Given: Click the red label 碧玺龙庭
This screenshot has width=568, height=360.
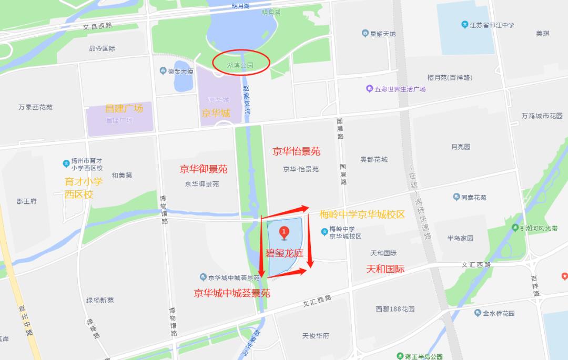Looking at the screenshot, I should click(x=284, y=253).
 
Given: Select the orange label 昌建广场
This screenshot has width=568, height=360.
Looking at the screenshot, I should click(x=124, y=108).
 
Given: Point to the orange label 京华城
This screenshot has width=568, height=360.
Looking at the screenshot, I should click(x=216, y=113).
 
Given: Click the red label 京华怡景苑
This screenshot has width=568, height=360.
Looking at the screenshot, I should click(x=296, y=151).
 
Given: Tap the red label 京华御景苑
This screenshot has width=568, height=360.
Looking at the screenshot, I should click(x=204, y=169).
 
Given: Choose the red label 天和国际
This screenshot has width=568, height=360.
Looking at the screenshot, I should click(x=385, y=269).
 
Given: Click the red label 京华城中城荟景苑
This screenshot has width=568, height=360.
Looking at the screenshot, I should click(x=232, y=293).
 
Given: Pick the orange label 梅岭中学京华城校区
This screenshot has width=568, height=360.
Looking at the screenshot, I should click(x=362, y=214).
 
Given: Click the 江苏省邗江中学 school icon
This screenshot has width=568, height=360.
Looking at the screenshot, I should click(x=465, y=24).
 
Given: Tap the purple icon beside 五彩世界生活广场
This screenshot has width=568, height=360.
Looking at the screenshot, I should click(x=370, y=89).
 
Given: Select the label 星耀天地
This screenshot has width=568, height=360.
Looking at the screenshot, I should click(x=382, y=34).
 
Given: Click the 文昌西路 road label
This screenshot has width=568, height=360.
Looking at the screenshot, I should click(x=97, y=25).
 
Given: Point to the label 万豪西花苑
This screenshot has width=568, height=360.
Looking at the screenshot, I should click(x=35, y=107).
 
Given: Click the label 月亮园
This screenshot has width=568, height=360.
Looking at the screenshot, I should click(x=460, y=147).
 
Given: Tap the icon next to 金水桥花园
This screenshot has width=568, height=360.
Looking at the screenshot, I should click(x=478, y=313).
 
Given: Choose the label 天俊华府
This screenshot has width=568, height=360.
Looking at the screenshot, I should click(x=316, y=336).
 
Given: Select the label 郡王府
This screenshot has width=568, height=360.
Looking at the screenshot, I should click(x=26, y=201).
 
